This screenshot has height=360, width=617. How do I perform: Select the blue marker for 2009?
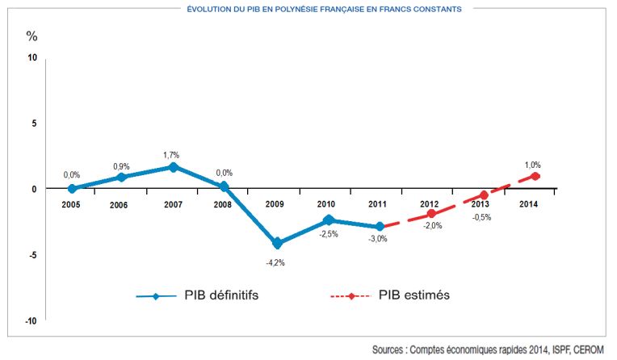(277, 243)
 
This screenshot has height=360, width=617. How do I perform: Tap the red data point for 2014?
(535, 176)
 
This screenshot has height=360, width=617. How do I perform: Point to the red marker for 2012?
(432, 214)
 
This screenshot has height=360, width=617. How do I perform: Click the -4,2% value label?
(276, 262)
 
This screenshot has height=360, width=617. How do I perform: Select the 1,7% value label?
(171, 153)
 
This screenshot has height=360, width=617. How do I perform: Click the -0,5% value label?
(483, 216)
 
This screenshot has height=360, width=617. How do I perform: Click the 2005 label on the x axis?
(72, 204)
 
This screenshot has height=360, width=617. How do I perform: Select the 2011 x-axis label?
(379, 204)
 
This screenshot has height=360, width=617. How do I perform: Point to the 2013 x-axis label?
(483, 204)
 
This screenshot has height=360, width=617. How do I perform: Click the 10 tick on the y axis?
(31, 57)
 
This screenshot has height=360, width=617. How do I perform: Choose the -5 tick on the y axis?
(33, 255)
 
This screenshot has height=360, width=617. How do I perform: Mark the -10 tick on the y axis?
(31, 321)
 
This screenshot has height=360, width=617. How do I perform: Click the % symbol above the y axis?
(31, 36)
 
